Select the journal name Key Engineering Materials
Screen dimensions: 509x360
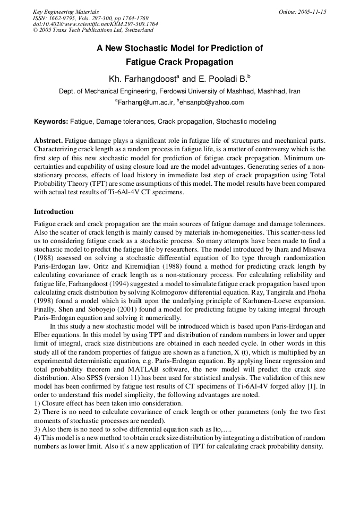tap(66, 12)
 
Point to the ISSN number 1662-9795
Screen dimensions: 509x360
tap(60, 18)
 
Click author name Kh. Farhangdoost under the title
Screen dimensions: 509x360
tap(144, 79)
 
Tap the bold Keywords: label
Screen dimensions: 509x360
tap(51, 122)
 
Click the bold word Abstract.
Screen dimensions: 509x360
tap(49, 141)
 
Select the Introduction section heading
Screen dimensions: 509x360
tap(54, 212)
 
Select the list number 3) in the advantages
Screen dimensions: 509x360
tap(37, 429)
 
